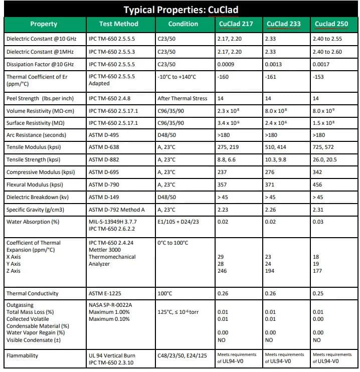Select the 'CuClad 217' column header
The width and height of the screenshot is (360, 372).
(236, 24)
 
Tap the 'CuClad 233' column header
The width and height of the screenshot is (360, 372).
(284, 24)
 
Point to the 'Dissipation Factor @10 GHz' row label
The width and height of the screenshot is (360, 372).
(40, 64)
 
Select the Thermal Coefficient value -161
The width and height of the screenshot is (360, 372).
(271, 78)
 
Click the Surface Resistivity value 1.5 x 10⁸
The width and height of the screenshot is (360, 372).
(324, 123)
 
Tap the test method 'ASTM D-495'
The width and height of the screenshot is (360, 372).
(103, 135)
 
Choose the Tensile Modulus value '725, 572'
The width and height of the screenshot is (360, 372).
(325, 147)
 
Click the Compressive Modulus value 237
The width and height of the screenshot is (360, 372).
(222, 172)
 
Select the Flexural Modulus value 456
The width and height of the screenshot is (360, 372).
(317, 185)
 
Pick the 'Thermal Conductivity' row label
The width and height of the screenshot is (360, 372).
(32, 293)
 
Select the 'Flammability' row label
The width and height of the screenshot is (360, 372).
(23, 356)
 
